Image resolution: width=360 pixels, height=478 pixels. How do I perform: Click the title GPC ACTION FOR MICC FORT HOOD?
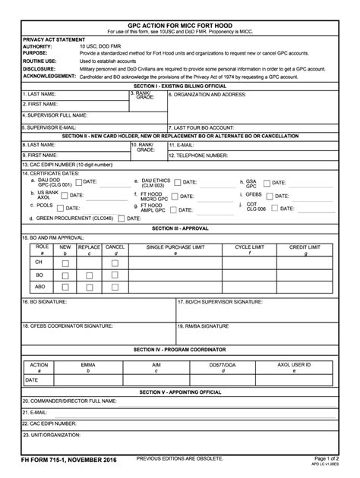pos(179,25)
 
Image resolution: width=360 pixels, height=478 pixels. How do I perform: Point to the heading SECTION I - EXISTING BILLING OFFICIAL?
pos(179,86)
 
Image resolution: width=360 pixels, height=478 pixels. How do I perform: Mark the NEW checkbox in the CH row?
pos(65,263)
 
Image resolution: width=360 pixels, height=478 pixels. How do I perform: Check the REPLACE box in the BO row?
pos(89,275)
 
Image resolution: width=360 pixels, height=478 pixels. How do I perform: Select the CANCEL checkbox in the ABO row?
pos(115,287)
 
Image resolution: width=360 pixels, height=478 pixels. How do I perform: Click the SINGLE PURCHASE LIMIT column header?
pos(175,247)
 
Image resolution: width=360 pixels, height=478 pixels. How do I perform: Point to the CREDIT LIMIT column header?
pos(304,247)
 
